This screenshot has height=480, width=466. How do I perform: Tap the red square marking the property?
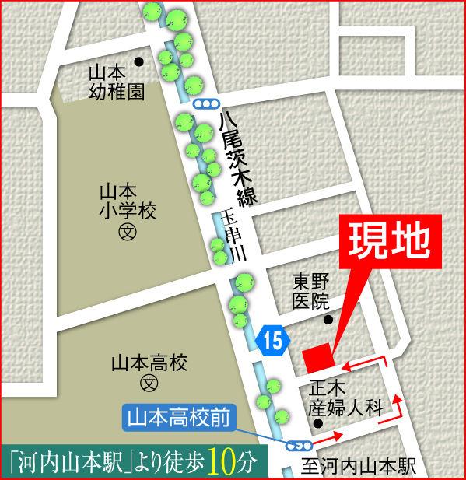tap(317, 358)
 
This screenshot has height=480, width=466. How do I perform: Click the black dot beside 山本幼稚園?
tap(139, 62)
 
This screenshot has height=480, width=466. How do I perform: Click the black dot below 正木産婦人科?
tap(318, 423)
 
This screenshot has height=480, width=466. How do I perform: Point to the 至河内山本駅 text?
tap(358, 467)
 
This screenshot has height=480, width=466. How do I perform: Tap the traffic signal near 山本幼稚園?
tap(206, 103)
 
